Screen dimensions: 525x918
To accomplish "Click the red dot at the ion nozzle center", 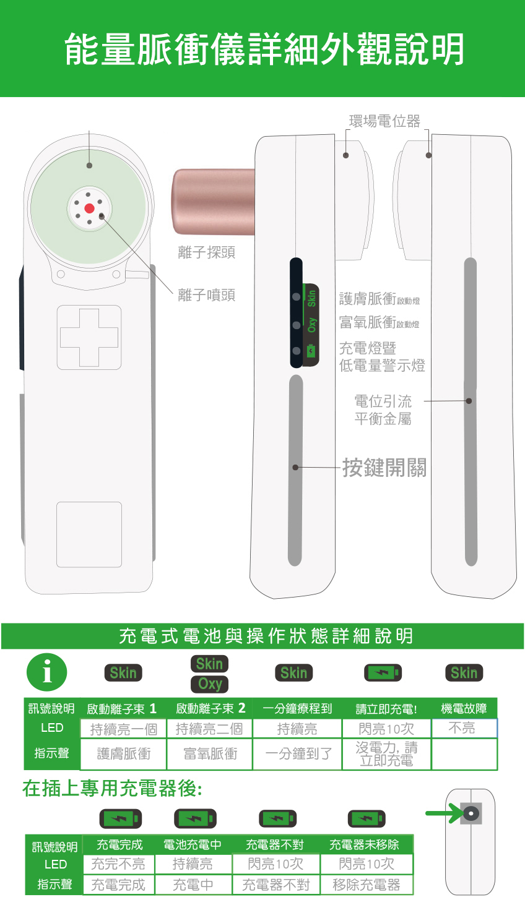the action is [89, 208].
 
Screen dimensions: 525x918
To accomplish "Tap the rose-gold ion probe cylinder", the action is [214, 202].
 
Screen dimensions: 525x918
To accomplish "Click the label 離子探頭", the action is [206, 252].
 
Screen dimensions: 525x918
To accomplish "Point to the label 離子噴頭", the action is [206, 294].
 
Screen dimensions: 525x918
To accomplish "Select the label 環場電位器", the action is [384, 121].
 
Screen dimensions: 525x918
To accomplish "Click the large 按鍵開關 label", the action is [384, 468].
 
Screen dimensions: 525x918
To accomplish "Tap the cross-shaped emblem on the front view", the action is [89, 337].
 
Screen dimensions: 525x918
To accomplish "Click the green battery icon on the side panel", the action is [311, 351].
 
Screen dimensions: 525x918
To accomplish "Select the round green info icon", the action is [47, 672].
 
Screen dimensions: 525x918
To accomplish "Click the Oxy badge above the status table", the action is [210, 684].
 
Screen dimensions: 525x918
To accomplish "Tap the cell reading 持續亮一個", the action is [123, 729].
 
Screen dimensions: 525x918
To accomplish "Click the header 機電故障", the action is [464, 708].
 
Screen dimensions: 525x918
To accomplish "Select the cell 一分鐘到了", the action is [298, 753].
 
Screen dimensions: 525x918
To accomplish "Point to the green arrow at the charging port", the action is [444, 813].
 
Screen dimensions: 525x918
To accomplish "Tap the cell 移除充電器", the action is [367, 885].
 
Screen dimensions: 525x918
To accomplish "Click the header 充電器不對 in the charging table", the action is [275, 844].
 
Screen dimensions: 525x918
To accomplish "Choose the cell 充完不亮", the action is [118, 864].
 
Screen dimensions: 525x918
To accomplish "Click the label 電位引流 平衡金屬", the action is [383, 410].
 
